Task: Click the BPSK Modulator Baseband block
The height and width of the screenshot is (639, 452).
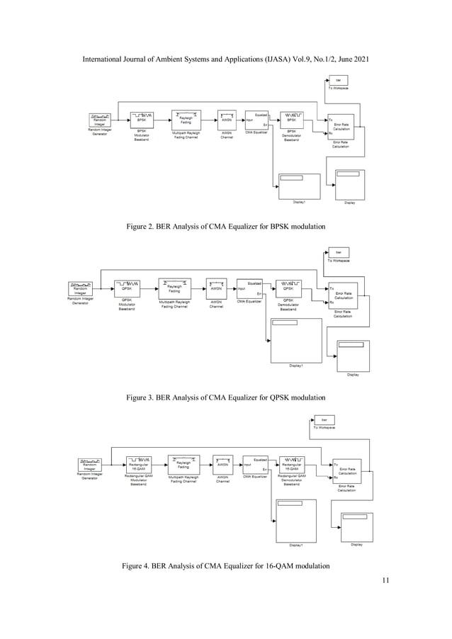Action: (x=142, y=120)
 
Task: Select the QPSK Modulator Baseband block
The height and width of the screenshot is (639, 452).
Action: (x=128, y=288)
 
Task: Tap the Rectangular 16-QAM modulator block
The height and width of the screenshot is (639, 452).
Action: (x=140, y=464)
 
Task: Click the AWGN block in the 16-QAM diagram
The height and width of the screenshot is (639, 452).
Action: (x=222, y=464)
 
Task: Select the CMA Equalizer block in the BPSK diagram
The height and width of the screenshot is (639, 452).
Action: (x=256, y=120)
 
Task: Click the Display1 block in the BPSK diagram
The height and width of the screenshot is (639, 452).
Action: (x=298, y=185)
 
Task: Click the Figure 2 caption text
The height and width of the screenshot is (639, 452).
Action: (x=225, y=226)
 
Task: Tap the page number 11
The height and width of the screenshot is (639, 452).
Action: (x=385, y=582)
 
